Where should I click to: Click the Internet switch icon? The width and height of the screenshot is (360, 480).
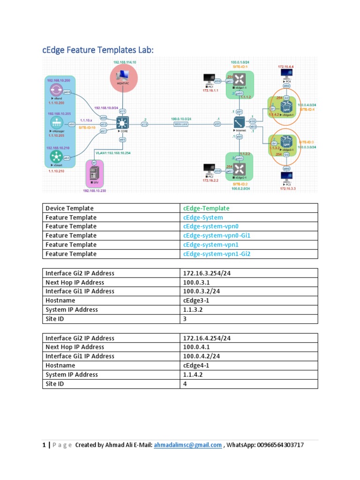tap(239, 123)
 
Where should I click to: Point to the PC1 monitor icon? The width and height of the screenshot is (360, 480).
tap(209, 79)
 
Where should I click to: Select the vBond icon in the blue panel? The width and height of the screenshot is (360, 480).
tap(56, 90)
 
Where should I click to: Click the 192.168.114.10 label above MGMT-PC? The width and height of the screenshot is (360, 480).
tap(124, 62)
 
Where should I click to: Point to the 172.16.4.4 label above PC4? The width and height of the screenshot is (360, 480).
tap(285, 67)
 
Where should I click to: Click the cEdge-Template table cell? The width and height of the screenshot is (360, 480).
tap(206, 208)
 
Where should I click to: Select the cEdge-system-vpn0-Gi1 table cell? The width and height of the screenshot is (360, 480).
tap(217, 235)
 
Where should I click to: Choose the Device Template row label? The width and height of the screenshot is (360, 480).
tap(69, 208)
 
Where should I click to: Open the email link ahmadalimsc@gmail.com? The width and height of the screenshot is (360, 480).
tap(187, 445)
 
